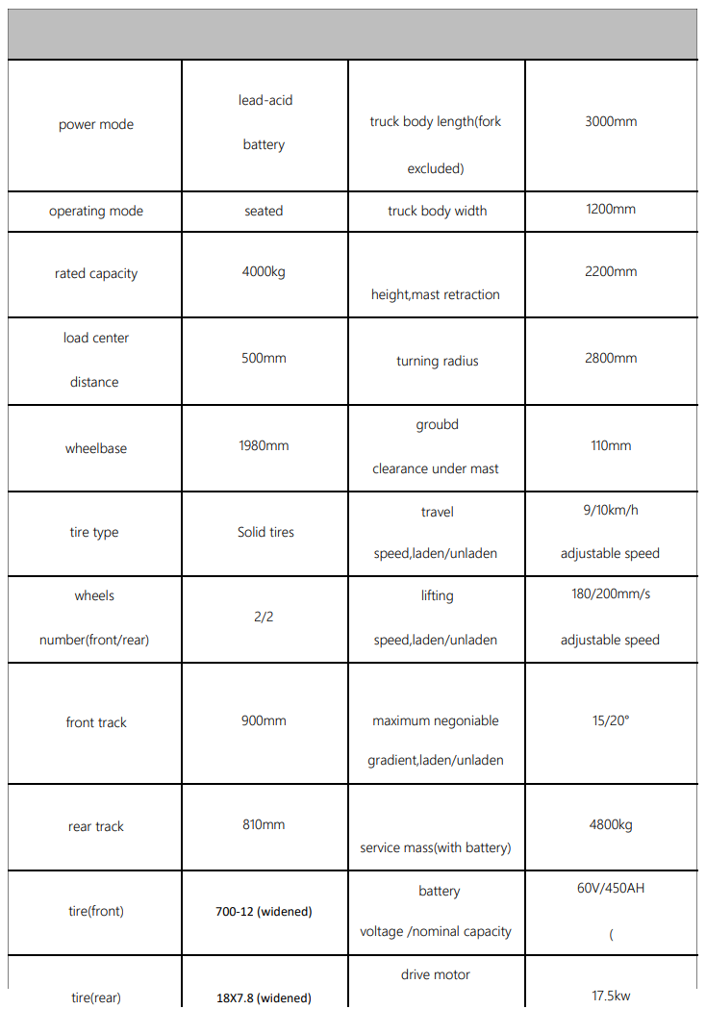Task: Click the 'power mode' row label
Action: [96, 125]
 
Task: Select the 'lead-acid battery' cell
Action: [264, 122]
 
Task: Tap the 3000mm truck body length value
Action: [611, 122]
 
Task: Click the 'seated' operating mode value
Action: [264, 212]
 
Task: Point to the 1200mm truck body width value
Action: [611, 210]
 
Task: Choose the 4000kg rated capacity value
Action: [264, 272]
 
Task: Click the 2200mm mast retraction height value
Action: [611, 272]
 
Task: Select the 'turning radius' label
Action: [437, 362]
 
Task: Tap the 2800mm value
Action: [611, 359]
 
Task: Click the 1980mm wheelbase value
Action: [264, 446]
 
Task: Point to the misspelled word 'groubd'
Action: [437, 425]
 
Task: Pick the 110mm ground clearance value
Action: [611, 446]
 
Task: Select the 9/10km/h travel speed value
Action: [611, 511]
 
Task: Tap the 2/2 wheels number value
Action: [264, 617]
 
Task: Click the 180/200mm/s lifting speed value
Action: [611, 594]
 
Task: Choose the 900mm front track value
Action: [264, 721]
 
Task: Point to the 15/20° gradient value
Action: [611, 719]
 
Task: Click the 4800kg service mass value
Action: [611, 825]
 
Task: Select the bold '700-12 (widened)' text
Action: [264, 912]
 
